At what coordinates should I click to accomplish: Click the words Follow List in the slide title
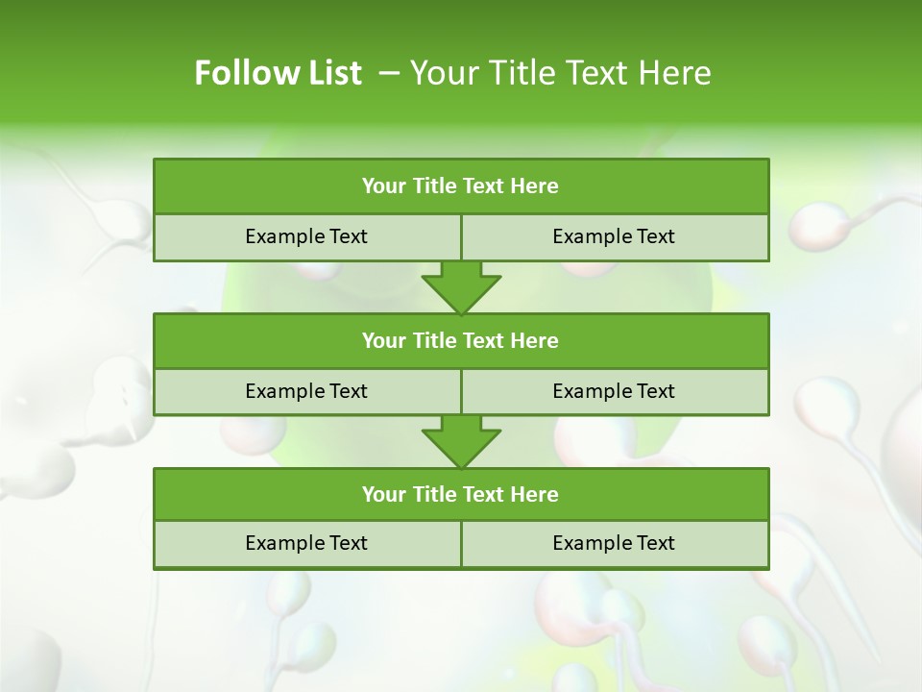pyautogui.click(x=278, y=73)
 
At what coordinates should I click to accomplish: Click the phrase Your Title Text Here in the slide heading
pyautogui.click(x=560, y=73)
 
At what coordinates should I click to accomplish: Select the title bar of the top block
pyautogui.click(x=461, y=186)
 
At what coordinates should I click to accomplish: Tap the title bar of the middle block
pyautogui.click(x=461, y=340)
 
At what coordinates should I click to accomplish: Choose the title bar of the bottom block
pyautogui.click(x=461, y=494)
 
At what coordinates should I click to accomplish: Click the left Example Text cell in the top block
pyautogui.click(x=306, y=236)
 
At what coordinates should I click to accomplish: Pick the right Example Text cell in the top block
pyautogui.click(x=614, y=236)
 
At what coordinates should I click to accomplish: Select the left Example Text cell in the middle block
pyautogui.click(x=306, y=391)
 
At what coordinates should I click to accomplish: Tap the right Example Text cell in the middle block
pyautogui.click(x=614, y=391)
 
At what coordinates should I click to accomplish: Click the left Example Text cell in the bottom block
pyautogui.click(x=306, y=543)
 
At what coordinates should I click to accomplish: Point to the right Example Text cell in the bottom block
pyautogui.click(x=614, y=543)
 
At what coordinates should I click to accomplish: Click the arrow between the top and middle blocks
pyautogui.click(x=461, y=286)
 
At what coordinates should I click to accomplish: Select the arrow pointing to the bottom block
pyautogui.click(x=461, y=441)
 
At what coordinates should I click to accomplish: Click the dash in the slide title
pyautogui.click(x=389, y=73)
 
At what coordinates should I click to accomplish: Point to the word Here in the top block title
pyautogui.click(x=535, y=186)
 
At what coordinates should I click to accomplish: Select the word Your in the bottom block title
pyautogui.click(x=384, y=494)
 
